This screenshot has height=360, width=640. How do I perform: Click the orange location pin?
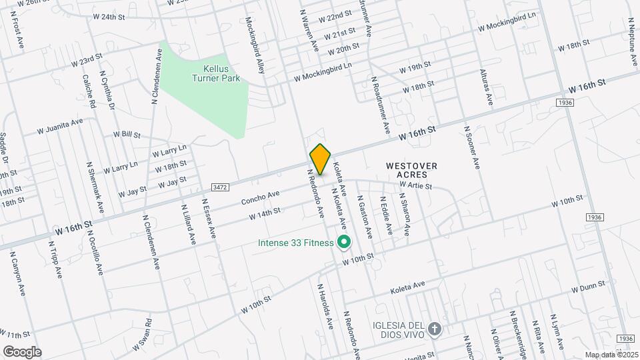point(320,159)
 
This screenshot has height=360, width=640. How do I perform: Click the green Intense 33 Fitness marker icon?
point(344,242)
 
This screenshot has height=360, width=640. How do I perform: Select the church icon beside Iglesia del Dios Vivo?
point(435,329)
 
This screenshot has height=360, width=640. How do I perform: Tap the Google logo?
point(22,351)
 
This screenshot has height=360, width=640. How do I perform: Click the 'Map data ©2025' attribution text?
point(611,355)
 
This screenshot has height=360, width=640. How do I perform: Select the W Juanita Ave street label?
point(60,126)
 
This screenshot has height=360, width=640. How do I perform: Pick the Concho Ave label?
point(259,197)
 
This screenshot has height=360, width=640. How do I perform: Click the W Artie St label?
point(416,185)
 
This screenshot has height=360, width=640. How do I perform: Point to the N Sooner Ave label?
point(471,146)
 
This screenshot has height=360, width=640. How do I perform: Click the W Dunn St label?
point(587,286)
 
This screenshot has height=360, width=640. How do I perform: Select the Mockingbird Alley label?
point(255,45)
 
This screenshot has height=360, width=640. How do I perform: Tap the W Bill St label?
point(127,135)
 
